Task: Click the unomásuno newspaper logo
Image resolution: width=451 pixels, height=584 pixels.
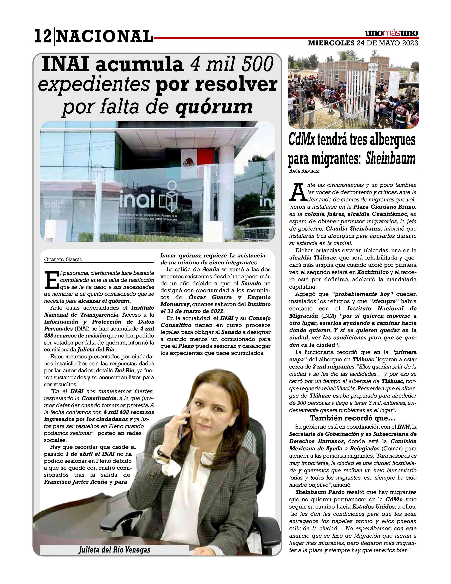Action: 391,33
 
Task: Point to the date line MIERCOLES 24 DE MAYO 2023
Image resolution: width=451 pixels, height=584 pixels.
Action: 363,43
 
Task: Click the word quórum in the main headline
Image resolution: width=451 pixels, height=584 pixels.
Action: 214,106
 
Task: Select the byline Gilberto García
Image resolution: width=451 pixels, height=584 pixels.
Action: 63,259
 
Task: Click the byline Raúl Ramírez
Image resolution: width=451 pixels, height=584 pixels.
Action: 304,171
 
